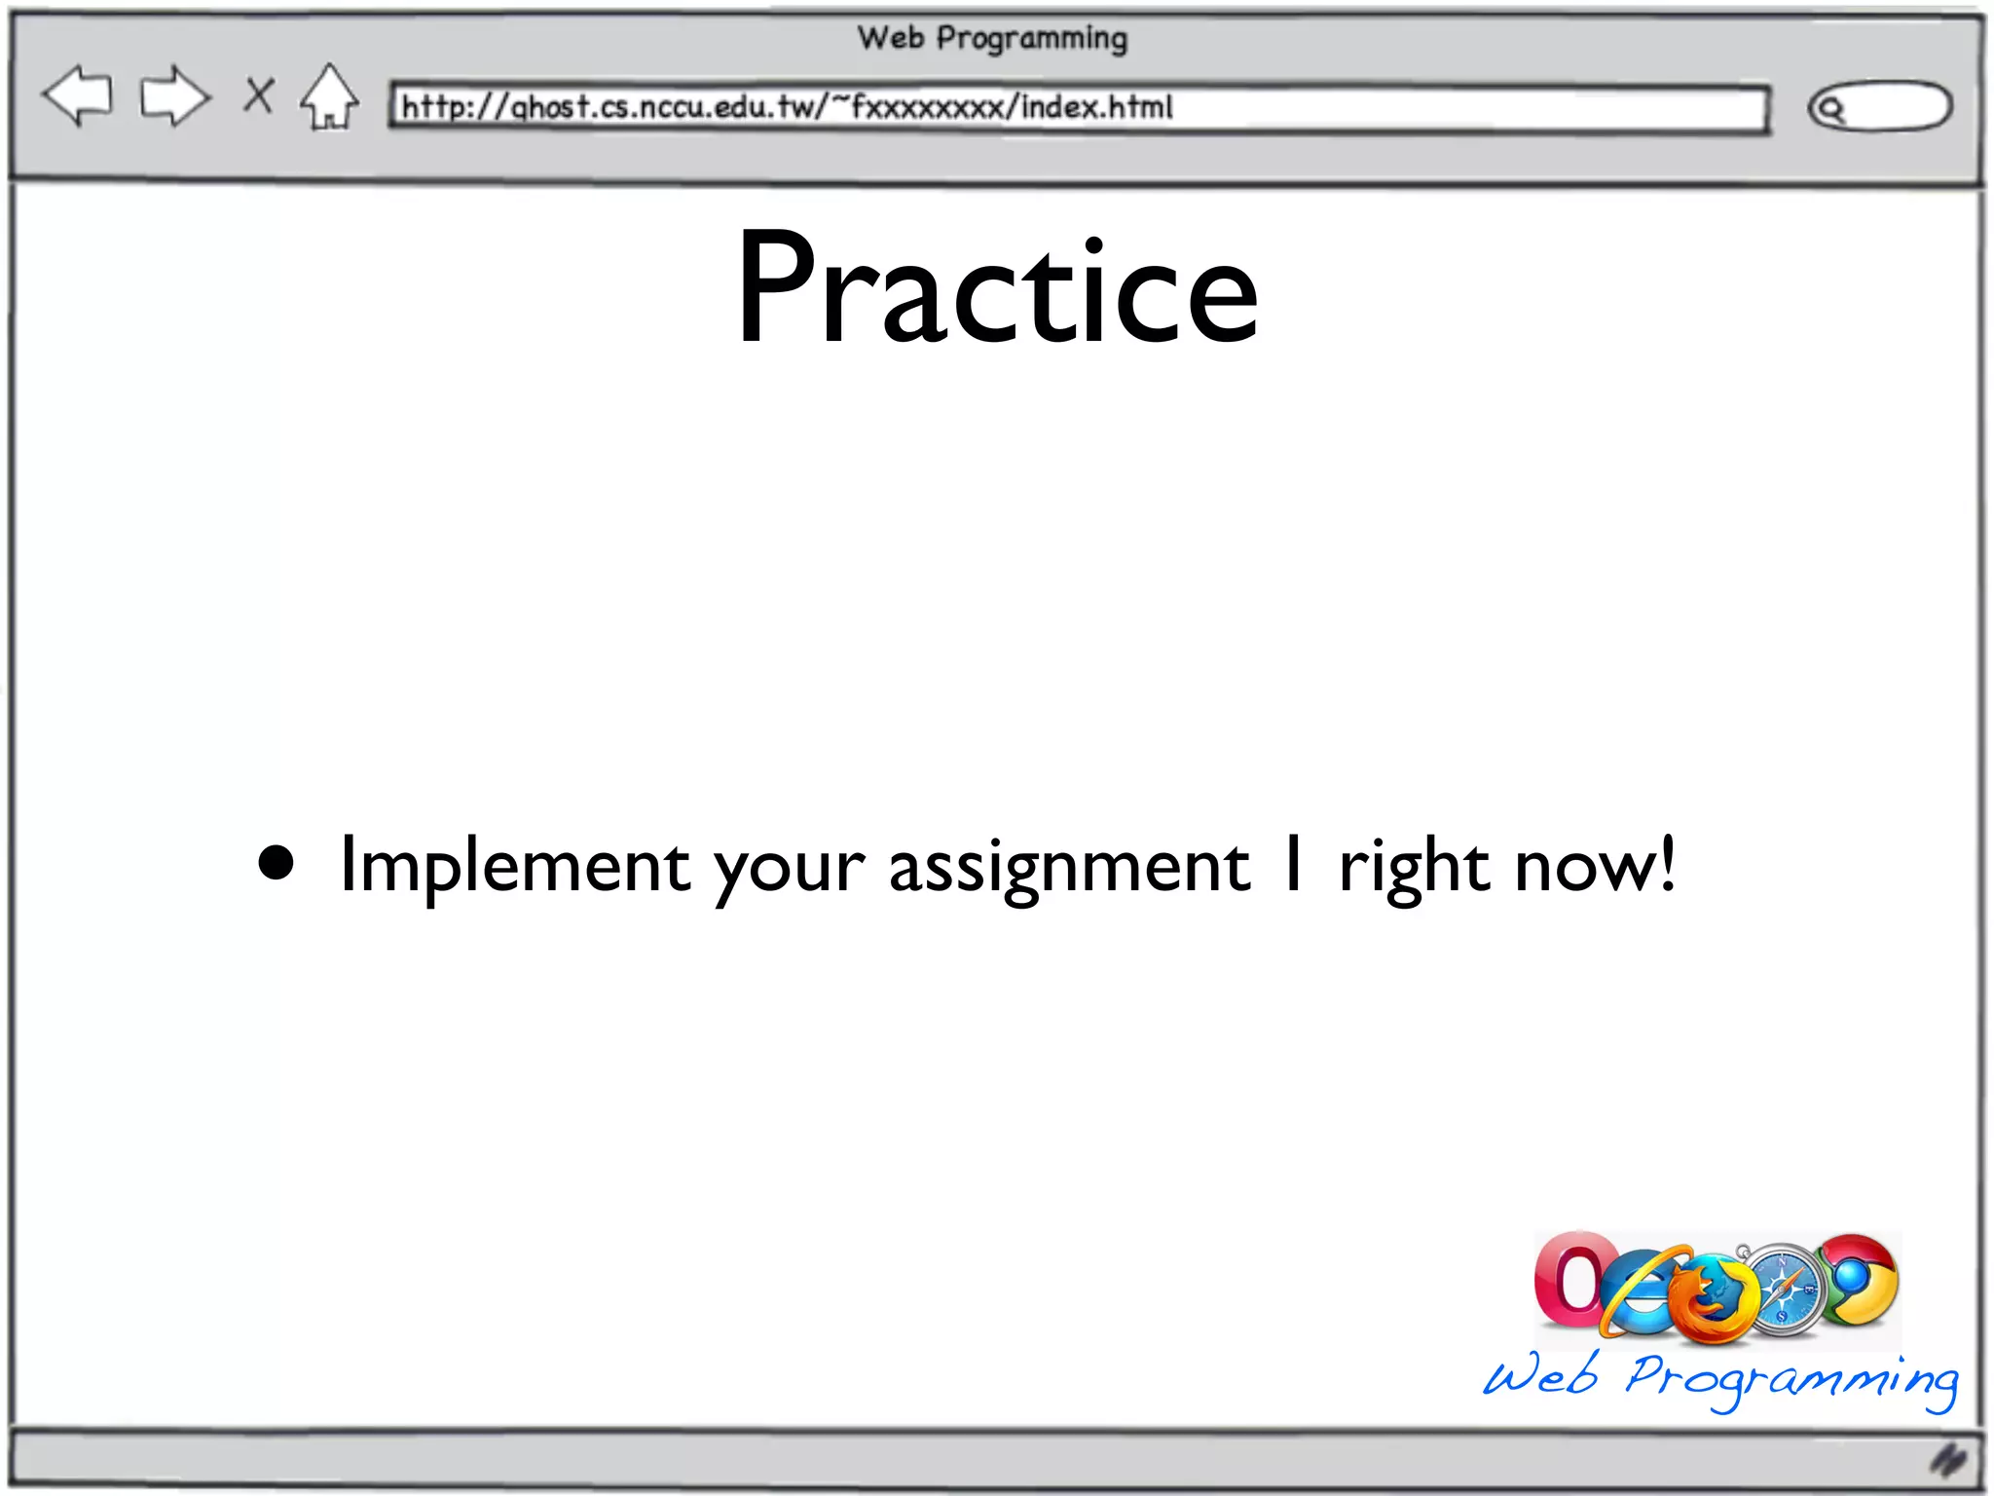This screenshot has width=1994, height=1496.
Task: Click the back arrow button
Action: tap(78, 95)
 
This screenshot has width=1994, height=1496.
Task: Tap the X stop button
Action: tap(259, 95)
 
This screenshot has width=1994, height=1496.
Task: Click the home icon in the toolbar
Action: tap(329, 97)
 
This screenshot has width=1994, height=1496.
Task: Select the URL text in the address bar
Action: tap(787, 106)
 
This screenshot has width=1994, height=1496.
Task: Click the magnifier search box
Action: tap(1879, 106)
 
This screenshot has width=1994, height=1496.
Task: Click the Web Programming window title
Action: tap(992, 39)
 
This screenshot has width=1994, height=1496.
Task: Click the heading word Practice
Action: tap(997, 287)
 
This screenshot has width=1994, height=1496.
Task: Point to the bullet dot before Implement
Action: tap(277, 863)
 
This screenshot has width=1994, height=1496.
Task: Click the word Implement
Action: tap(514, 865)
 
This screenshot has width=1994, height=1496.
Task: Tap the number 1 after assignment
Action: tap(1293, 863)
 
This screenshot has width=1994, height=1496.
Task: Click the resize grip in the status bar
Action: tap(1948, 1459)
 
